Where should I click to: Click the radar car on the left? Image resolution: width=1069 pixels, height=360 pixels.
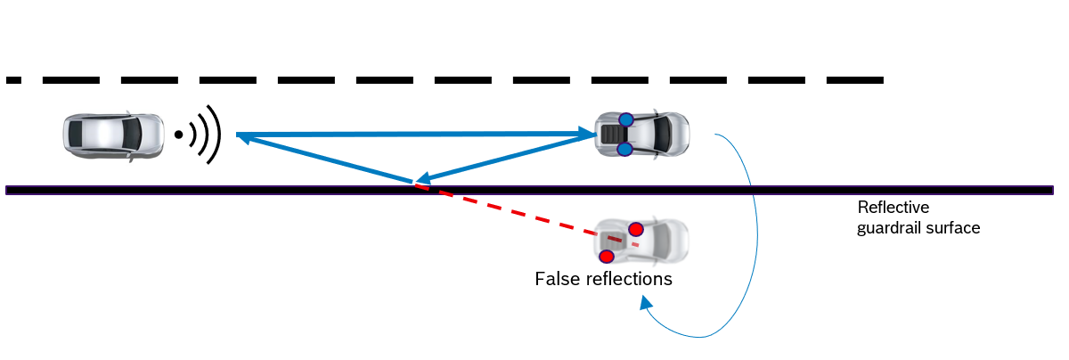point(113,135)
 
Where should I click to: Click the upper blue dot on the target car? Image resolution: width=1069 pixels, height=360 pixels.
point(626,119)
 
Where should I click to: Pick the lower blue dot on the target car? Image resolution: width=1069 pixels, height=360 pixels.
point(624,149)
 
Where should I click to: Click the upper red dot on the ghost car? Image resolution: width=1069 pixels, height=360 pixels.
point(635,230)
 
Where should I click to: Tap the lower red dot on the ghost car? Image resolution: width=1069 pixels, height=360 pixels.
point(607,257)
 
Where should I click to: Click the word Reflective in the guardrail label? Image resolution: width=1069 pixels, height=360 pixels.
point(893,208)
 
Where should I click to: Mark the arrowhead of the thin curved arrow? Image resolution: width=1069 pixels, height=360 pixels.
point(644,303)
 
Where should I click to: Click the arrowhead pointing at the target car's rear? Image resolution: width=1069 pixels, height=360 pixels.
point(589,135)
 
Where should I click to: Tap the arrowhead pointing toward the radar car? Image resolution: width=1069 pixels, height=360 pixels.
point(243,135)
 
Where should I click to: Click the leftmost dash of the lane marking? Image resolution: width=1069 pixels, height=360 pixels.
point(12,80)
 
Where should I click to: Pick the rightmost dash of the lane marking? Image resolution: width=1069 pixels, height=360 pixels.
point(854,80)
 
